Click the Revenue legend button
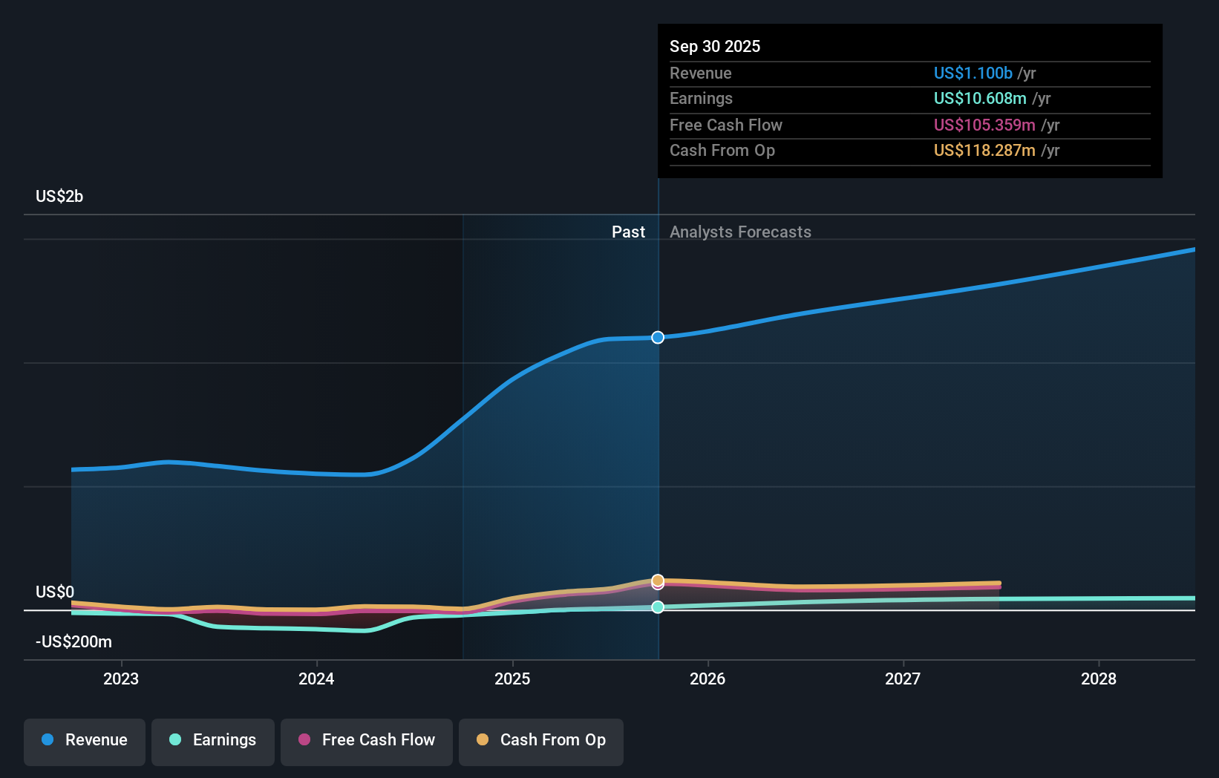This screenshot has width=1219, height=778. pyautogui.click(x=85, y=740)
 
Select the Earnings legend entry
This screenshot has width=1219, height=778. pyautogui.click(x=213, y=740)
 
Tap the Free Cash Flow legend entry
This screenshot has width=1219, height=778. pyautogui.click(x=367, y=740)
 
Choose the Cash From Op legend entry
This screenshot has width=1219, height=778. pyautogui.click(x=541, y=740)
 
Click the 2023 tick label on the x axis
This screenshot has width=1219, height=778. pyautogui.click(x=121, y=679)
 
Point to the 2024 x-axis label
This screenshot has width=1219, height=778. pyautogui.click(x=316, y=679)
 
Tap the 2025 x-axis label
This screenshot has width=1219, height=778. pyautogui.click(x=512, y=679)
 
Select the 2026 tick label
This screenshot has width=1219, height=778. pyautogui.click(x=707, y=679)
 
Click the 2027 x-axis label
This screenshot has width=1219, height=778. pyautogui.click(x=903, y=679)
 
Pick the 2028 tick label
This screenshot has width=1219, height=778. pyautogui.click(x=1099, y=679)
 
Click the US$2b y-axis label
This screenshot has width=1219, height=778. pyautogui.click(x=59, y=197)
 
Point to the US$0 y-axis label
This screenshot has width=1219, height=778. pyautogui.click(x=55, y=592)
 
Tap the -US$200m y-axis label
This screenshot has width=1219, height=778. pyautogui.click(x=73, y=641)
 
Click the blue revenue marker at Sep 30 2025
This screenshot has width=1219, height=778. pyautogui.click(x=658, y=338)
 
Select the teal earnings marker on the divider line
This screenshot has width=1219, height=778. pyautogui.click(x=658, y=607)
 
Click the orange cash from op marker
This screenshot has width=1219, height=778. pyautogui.click(x=658, y=580)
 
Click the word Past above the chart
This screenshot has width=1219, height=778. pyautogui.click(x=628, y=232)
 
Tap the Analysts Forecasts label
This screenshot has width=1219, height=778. pyautogui.click(x=740, y=232)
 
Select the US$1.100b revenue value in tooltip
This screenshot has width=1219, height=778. pyautogui.click(x=973, y=73)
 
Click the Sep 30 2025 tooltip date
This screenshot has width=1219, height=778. pyautogui.click(x=715, y=47)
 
